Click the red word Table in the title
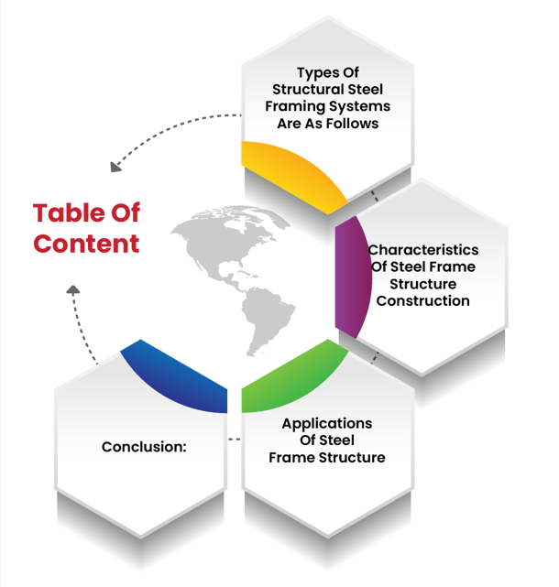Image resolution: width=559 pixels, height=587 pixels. click(x=67, y=213)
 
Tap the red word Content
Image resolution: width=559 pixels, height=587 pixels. click(x=86, y=244)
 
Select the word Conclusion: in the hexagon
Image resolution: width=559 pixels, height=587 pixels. click(x=144, y=447)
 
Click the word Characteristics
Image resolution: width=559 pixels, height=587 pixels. click(x=422, y=250)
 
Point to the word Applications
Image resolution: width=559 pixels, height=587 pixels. click(x=326, y=424)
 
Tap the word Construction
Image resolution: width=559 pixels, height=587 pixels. click(x=422, y=300)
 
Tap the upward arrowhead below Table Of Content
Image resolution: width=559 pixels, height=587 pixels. click(x=73, y=290)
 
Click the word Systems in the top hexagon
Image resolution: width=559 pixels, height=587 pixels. click(x=365, y=106)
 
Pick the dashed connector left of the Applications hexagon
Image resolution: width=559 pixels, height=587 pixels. click(x=235, y=440)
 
